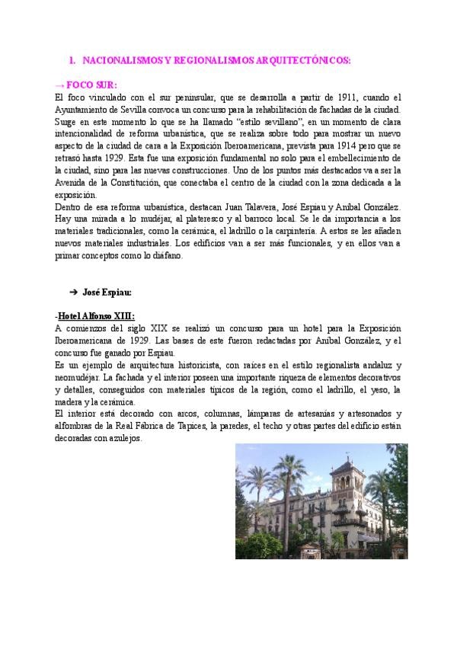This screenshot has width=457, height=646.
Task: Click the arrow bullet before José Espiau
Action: click(x=74, y=292)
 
